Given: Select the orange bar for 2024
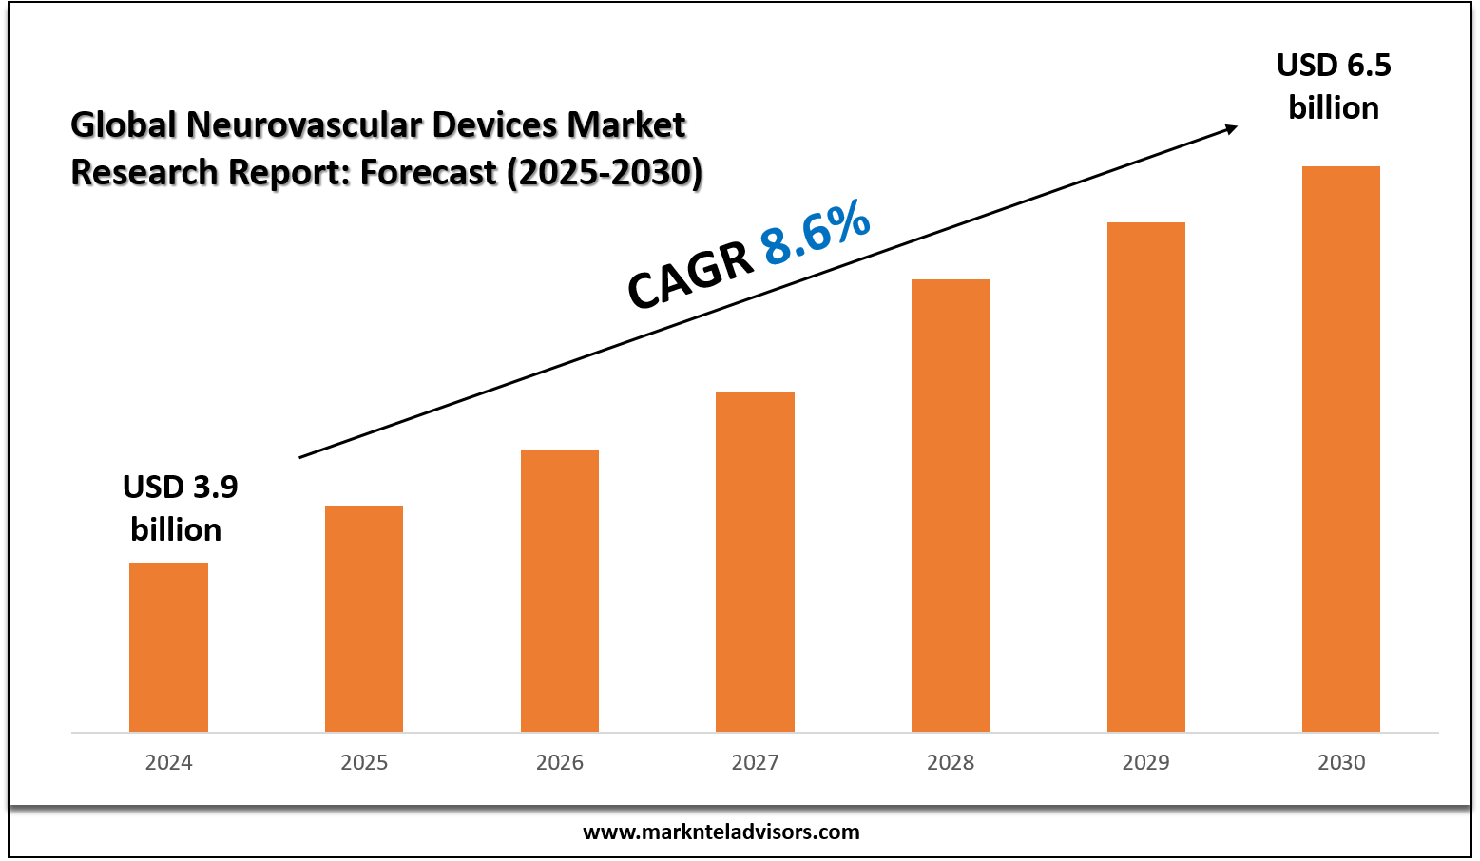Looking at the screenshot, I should (x=168, y=647).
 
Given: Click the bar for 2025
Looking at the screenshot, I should (x=364, y=619).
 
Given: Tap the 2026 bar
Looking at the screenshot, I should (x=560, y=590).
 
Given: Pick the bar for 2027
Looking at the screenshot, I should (x=755, y=562).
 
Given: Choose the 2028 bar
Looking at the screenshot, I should (x=951, y=506).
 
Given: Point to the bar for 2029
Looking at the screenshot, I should (x=1146, y=477).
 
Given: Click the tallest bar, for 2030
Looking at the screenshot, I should (x=1341, y=449).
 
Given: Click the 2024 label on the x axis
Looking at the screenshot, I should (x=168, y=762).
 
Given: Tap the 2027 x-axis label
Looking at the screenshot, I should (x=755, y=762).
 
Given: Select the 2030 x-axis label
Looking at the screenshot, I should (x=1341, y=762).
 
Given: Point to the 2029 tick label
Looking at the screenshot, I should (x=1146, y=762).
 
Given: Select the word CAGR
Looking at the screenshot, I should (x=691, y=276).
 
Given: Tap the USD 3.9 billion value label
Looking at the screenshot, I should (x=179, y=507).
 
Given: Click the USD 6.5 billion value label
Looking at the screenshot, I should (x=1334, y=86).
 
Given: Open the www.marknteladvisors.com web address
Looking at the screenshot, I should (x=721, y=832).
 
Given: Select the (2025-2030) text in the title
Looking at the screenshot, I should (x=605, y=173).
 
